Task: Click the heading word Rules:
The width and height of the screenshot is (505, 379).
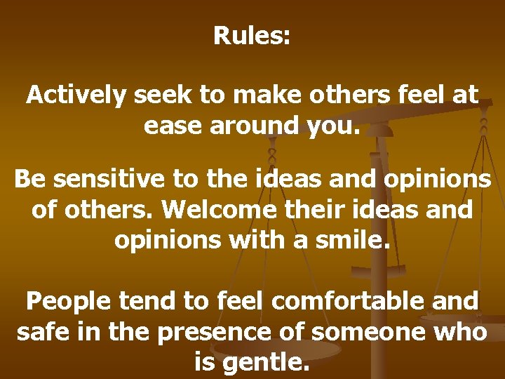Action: (x=252, y=35)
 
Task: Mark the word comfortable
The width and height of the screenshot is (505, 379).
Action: (x=349, y=302)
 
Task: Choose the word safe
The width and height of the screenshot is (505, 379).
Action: (x=43, y=331)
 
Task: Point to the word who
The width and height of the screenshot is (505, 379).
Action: (x=464, y=331)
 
